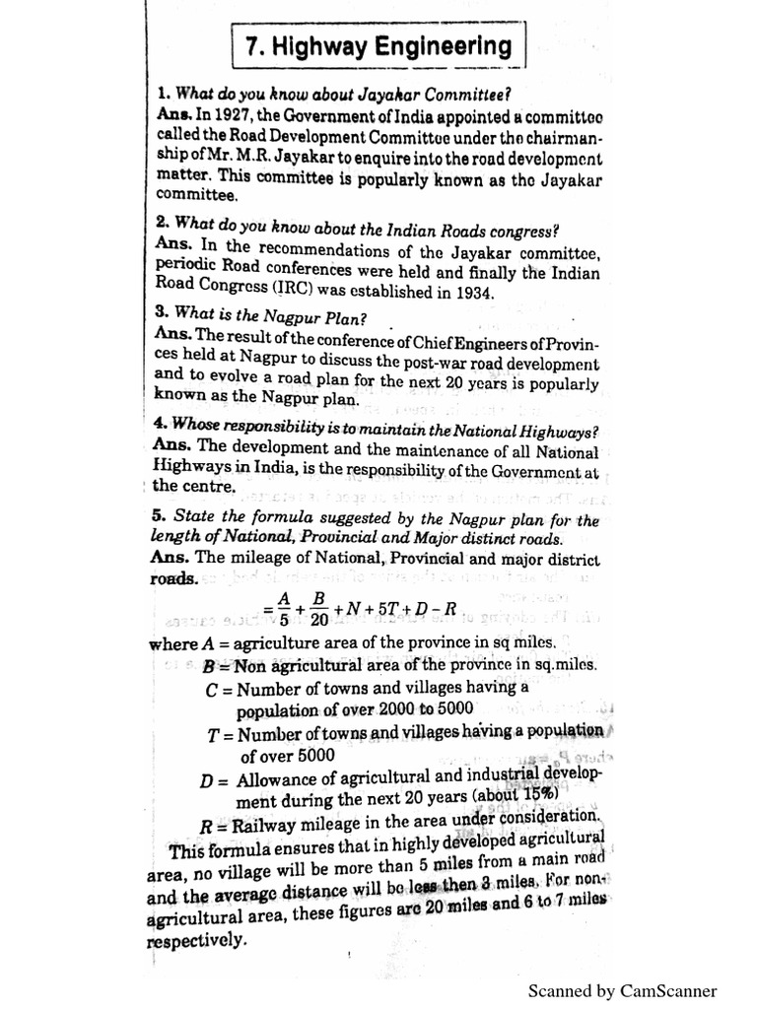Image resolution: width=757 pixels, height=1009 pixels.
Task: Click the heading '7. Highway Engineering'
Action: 378,46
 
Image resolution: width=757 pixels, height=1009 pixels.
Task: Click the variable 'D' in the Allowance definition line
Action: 207,780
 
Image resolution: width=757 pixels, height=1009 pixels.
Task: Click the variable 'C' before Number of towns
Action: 212,689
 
